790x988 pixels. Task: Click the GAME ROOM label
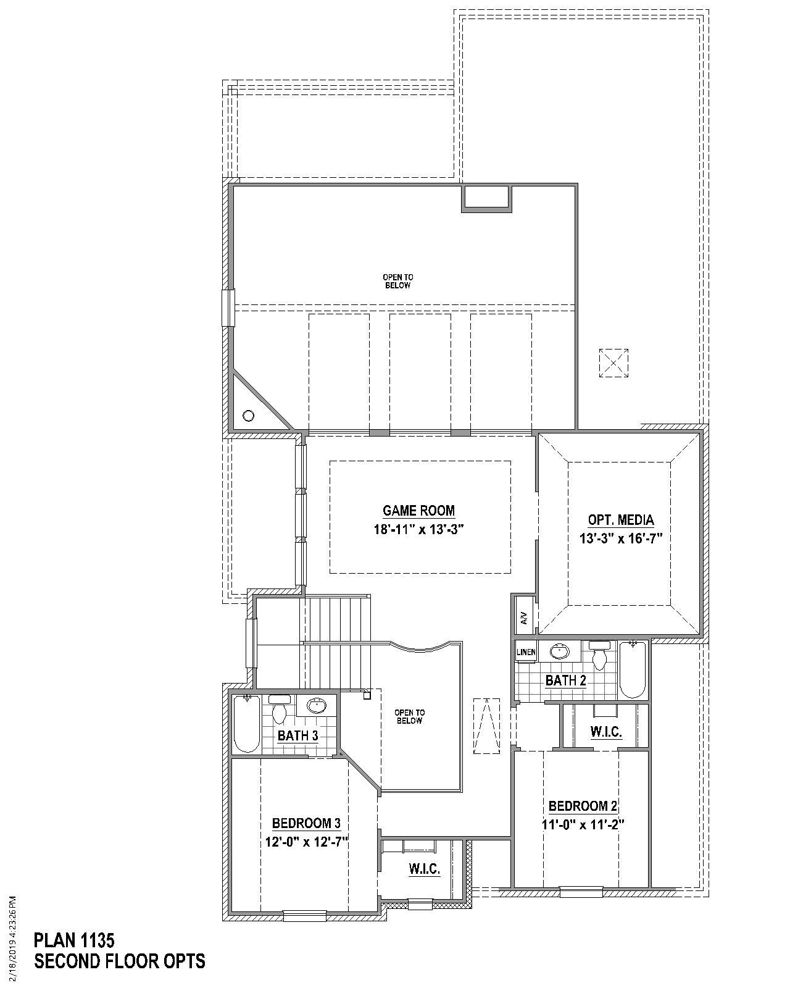click(418, 511)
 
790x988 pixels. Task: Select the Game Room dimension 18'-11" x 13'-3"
click(418, 529)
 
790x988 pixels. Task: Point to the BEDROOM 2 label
click(583, 806)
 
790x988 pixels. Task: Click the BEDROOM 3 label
click(306, 823)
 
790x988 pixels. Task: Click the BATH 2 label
click(565, 680)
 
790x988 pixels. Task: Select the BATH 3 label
click(297, 735)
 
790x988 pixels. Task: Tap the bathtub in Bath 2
click(633, 670)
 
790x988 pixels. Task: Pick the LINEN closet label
click(526, 652)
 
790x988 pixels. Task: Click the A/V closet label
click(524, 617)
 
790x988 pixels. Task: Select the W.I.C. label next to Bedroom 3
click(424, 869)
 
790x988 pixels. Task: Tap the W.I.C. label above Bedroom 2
click(605, 732)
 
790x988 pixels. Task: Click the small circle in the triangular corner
click(248, 416)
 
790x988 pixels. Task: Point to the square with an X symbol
click(613, 362)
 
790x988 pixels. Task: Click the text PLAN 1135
click(74, 940)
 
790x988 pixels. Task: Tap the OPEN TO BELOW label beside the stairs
click(409, 716)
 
